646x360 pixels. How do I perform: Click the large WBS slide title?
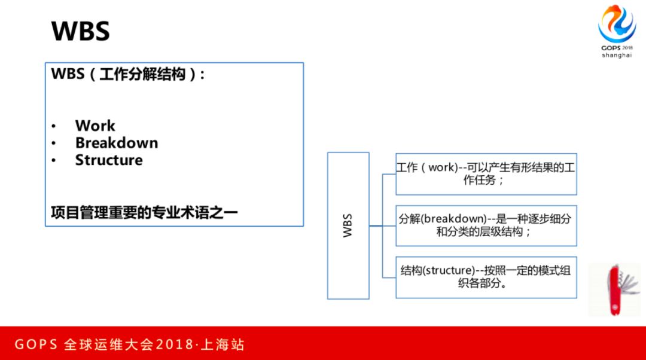point(80,31)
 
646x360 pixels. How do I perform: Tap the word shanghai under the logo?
point(616,56)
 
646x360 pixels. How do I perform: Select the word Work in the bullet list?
point(95,126)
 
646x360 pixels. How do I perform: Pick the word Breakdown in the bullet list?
point(116,143)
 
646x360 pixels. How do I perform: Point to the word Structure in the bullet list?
point(109,160)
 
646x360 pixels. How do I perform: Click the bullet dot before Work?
point(54,126)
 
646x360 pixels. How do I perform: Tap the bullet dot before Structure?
point(54,161)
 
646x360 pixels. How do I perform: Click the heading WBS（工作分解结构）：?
point(128,75)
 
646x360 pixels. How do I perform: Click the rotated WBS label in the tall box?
point(348,225)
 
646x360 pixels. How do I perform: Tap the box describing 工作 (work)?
point(486,173)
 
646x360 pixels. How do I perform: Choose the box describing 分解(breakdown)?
point(486,225)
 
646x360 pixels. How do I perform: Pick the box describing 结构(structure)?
point(486,277)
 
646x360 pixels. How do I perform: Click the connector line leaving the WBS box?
point(376,225)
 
